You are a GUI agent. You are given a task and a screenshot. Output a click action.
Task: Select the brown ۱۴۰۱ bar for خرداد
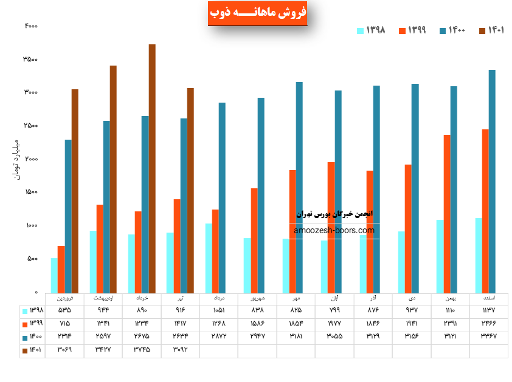(x=152, y=168)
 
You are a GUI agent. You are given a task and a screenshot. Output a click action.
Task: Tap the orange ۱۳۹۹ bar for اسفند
(x=485, y=211)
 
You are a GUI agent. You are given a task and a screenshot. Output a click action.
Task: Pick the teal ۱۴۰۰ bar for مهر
(x=299, y=187)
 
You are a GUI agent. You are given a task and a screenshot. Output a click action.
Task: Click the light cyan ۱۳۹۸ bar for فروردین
(x=54, y=275)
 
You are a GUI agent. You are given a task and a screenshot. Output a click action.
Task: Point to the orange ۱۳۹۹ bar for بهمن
(x=447, y=213)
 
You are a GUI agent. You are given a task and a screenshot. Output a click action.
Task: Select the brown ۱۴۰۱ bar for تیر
(x=190, y=190)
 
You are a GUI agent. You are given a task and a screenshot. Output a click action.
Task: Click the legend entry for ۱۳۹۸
(x=371, y=31)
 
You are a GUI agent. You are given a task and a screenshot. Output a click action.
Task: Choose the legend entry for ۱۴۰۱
(x=493, y=31)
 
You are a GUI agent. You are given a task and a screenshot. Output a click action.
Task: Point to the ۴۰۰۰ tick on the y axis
(x=31, y=26)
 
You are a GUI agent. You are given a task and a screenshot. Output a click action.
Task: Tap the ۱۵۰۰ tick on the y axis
(x=31, y=193)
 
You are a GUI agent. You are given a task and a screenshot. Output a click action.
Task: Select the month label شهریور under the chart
(x=257, y=299)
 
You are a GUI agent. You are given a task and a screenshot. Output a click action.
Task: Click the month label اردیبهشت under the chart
(x=103, y=299)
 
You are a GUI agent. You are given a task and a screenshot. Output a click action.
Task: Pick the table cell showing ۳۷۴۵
(x=142, y=349)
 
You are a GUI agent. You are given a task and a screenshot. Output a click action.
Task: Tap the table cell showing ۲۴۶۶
(x=488, y=324)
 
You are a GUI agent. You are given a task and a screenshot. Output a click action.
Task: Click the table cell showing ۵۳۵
(x=64, y=311)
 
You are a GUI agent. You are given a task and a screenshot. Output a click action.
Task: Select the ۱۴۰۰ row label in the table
(x=33, y=336)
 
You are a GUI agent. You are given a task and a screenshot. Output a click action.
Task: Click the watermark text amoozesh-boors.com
(x=334, y=231)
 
